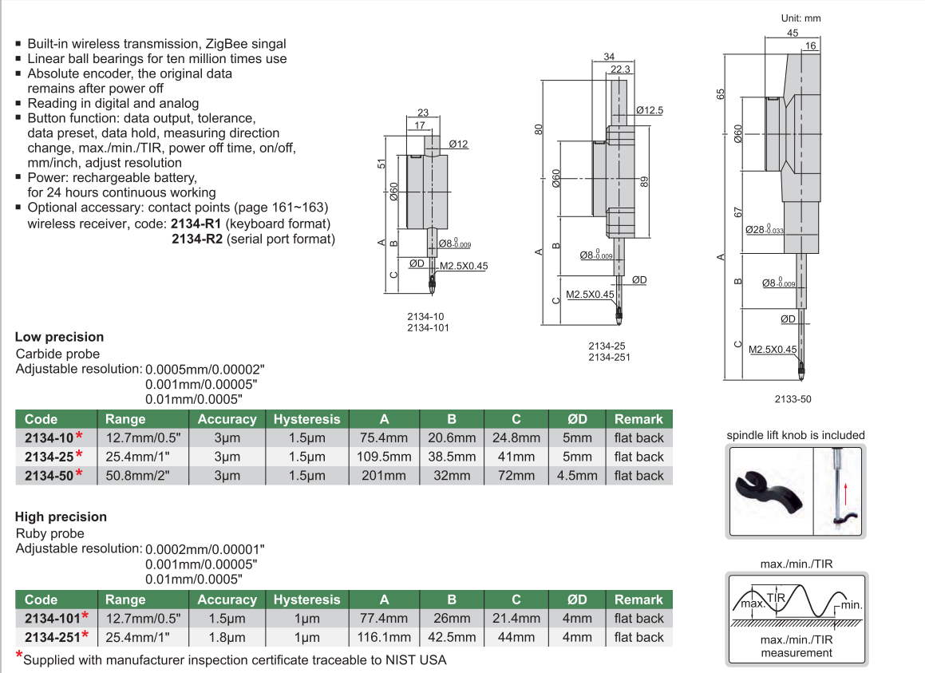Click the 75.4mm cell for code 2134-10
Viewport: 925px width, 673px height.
click(x=384, y=437)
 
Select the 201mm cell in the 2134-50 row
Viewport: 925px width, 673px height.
click(x=384, y=475)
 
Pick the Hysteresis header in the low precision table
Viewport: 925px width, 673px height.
click(x=306, y=419)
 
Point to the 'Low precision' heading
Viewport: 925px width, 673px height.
click(x=59, y=337)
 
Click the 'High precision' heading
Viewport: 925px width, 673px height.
click(x=61, y=517)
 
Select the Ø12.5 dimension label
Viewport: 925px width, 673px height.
click(x=650, y=110)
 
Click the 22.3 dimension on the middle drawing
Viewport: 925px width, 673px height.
click(x=620, y=70)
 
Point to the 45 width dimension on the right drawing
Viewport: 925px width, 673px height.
click(x=793, y=34)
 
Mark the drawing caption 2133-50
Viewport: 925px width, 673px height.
click(x=793, y=399)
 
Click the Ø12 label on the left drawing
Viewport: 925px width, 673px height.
click(x=458, y=144)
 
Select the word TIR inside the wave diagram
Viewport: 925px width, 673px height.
click(x=777, y=598)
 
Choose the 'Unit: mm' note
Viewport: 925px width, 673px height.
click(x=800, y=18)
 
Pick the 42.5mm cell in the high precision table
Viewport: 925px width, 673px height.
click(x=451, y=637)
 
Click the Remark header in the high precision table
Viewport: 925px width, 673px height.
click(x=638, y=600)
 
